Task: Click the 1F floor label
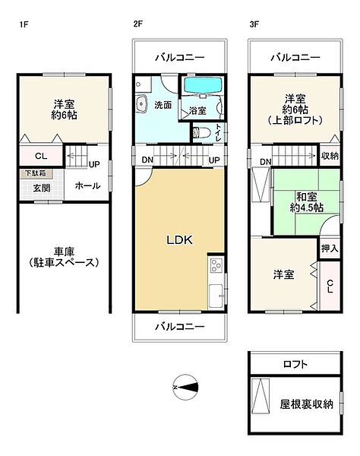(x=24, y=24)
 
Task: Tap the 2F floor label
(x=137, y=24)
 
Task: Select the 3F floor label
(x=254, y=24)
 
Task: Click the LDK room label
(x=180, y=240)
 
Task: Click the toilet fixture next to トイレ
(x=201, y=131)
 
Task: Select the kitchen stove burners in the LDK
(x=215, y=266)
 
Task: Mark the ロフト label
(x=295, y=364)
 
